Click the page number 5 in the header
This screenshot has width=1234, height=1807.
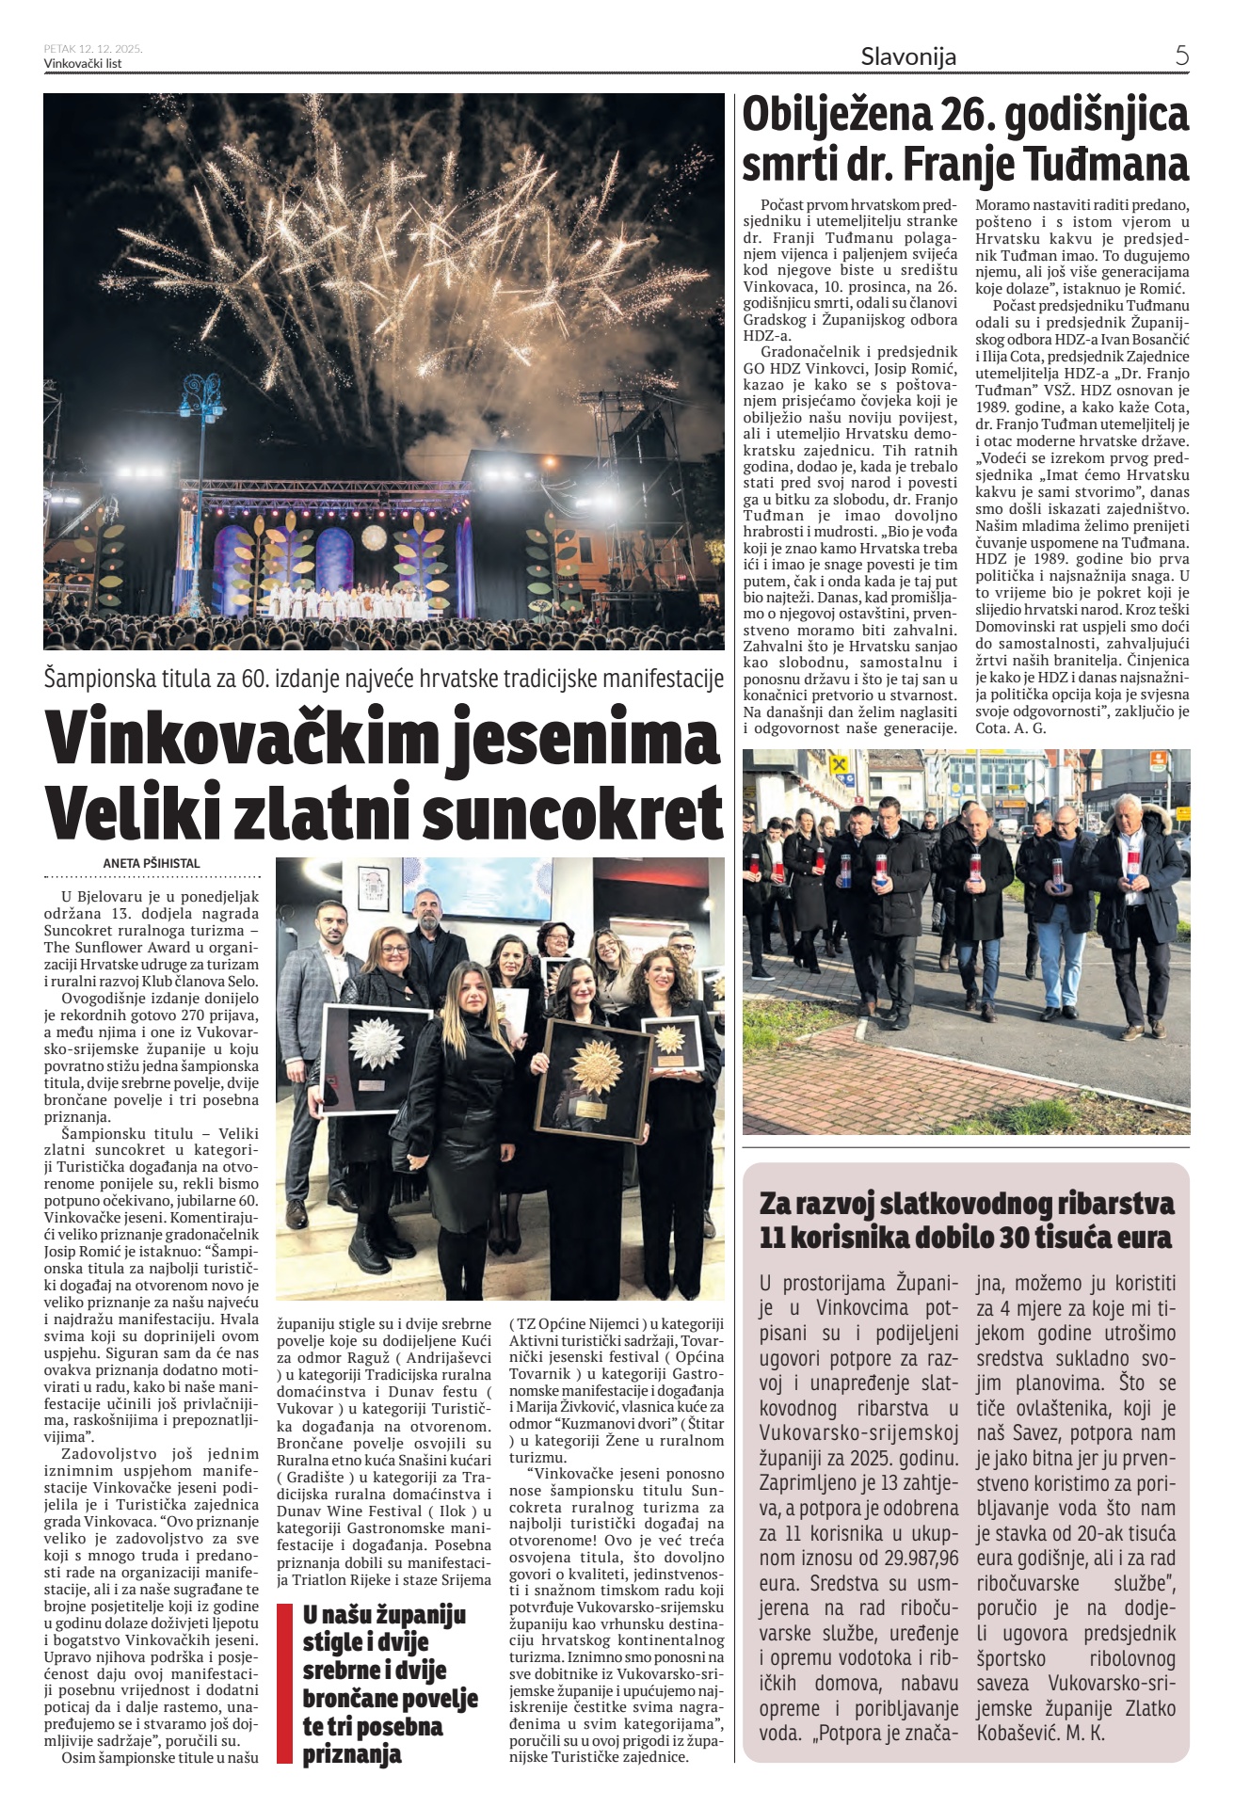pos(1181,56)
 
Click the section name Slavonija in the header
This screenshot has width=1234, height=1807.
pos(907,56)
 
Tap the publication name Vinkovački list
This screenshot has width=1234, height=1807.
pos(83,64)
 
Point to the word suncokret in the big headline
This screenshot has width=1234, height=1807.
pos(573,811)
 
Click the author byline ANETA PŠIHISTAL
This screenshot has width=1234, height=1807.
pos(152,863)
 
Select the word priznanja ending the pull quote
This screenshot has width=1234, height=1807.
pos(352,1754)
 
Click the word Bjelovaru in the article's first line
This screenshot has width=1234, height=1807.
pos(111,897)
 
